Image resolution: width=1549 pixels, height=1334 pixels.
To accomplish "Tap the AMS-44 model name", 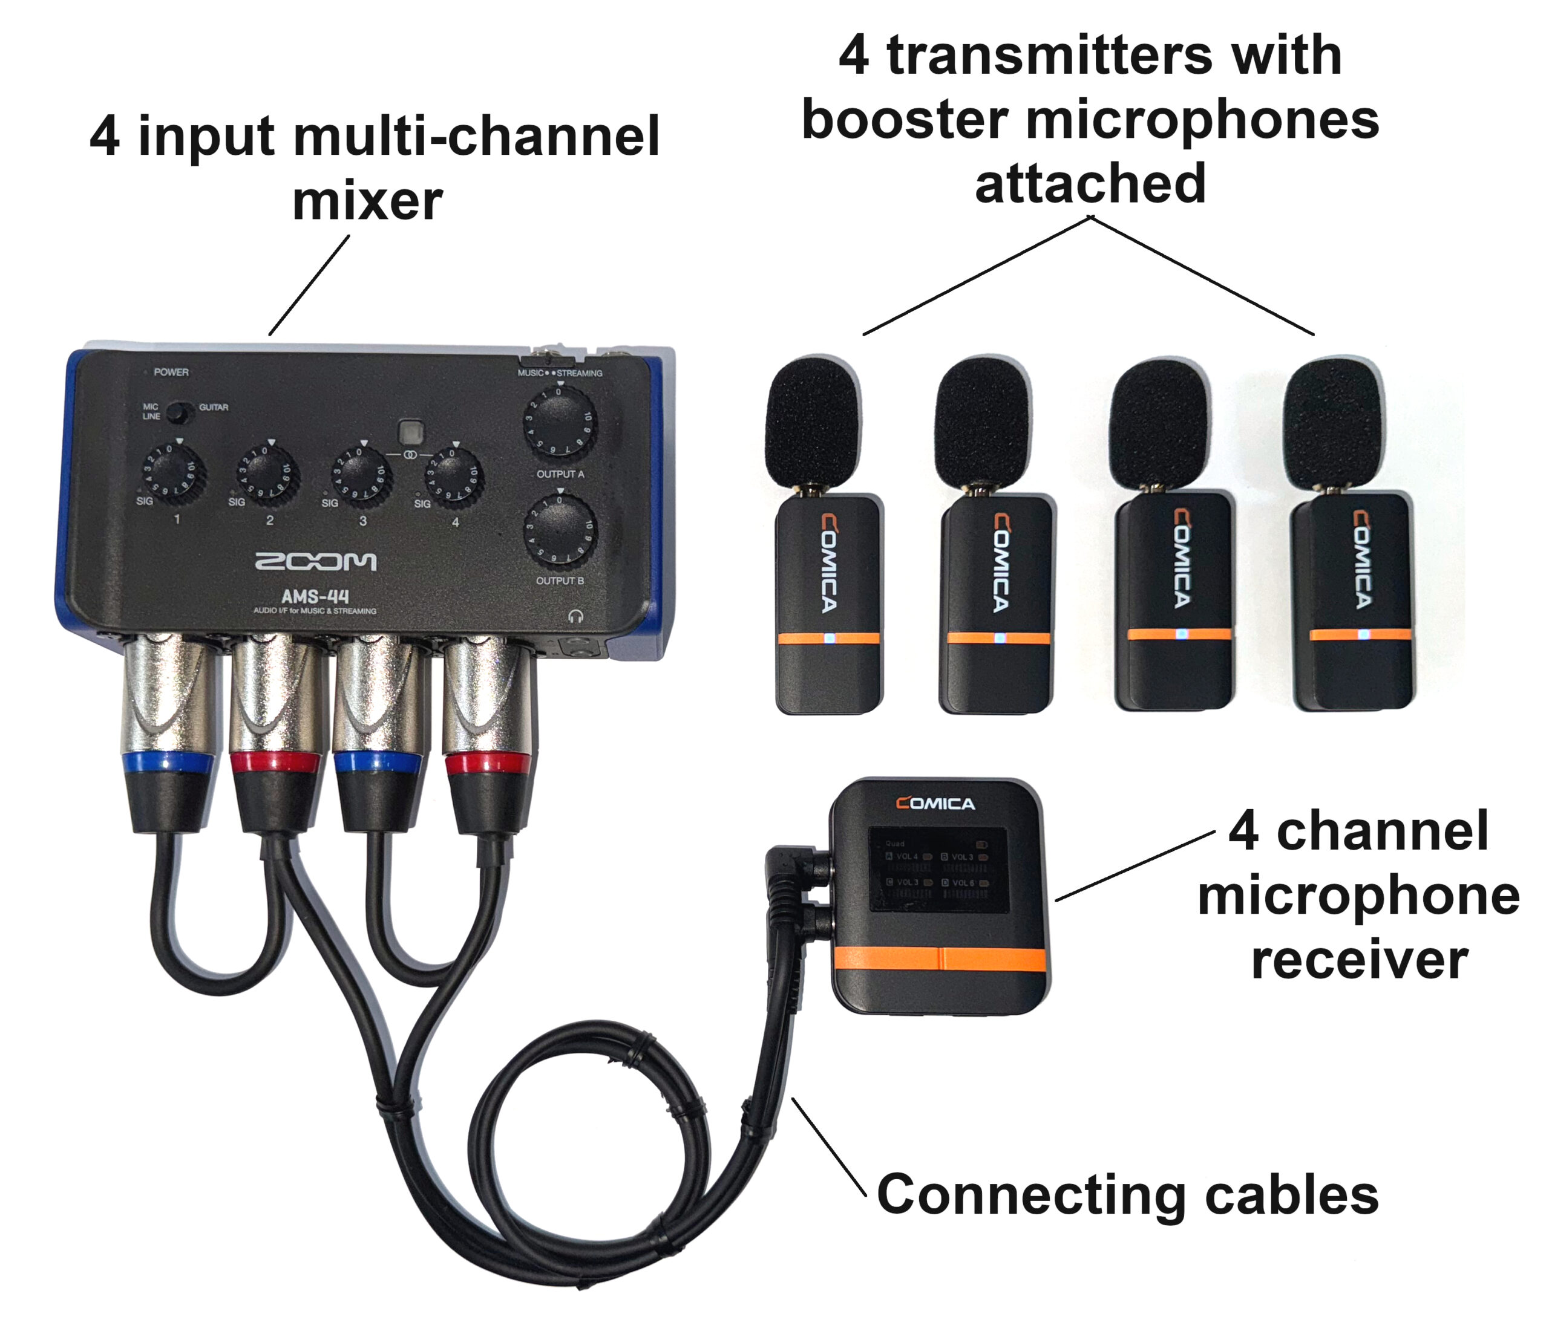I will pos(315,596).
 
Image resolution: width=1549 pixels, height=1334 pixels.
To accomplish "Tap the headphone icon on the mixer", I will pos(575,616).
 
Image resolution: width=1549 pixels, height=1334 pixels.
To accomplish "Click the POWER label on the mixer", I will pos(171,372).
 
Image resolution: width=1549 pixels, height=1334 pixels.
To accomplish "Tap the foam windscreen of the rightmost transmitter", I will pos(1333,422).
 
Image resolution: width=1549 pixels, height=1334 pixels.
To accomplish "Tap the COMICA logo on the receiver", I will pos(935,804).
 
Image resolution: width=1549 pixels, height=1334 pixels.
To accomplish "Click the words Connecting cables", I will pos(1127,1195).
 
